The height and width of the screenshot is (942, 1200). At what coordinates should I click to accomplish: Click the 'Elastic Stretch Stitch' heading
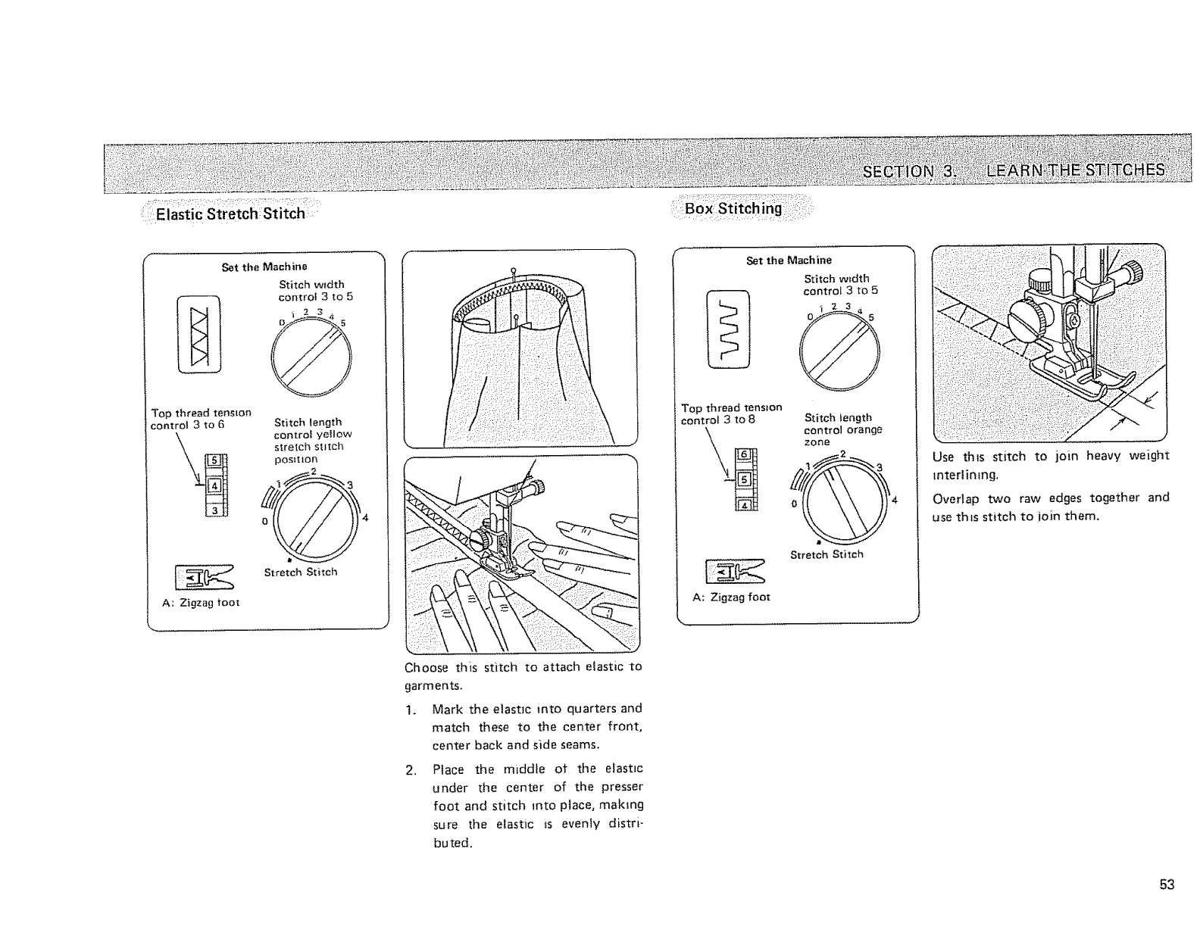[230, 214]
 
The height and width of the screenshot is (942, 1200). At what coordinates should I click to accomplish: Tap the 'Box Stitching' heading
[733, 208]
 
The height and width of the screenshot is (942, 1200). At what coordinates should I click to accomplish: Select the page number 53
[1166, 884]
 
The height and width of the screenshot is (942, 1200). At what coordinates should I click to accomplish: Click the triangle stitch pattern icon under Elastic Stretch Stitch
[198, 335]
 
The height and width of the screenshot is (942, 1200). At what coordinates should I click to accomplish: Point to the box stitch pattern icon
[728, 329]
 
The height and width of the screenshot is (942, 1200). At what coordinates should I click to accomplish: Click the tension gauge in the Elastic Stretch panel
[214, 485]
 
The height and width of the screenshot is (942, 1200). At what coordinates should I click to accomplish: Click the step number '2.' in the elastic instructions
[411, 771]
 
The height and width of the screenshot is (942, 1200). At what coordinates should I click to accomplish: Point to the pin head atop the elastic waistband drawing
[513, 269]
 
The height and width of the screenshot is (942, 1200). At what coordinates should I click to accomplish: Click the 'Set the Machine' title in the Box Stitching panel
[789, 260]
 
